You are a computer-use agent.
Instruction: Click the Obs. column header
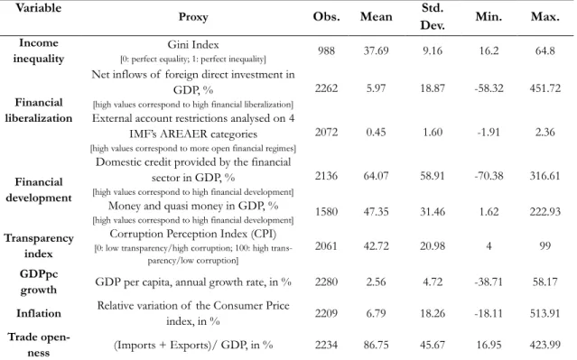pos(326,16)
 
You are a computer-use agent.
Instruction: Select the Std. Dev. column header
pos(433,16)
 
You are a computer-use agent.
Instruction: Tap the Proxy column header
pos(193,17)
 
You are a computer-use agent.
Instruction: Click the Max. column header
pos(545,16)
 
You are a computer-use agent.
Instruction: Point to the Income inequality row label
pos(39,51)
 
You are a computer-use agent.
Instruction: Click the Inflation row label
pos(39,313)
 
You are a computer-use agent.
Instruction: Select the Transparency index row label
pos(39,245)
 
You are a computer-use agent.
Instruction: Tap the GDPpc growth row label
pos(39,282)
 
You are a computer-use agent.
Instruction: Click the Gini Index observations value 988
pos(326,51)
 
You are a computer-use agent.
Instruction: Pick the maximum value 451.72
pos(545,88)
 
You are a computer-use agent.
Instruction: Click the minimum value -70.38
pos(489,176)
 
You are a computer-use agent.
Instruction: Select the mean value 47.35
pos(376,212)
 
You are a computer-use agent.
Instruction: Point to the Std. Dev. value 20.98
pos(433,245)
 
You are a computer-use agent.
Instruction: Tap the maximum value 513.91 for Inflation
pos(545,313)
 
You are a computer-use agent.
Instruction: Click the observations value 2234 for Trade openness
pos(326,345)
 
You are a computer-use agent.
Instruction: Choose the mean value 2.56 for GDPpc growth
pos(376,282)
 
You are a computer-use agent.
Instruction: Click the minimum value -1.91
pos(489,132)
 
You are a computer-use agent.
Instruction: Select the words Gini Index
pos(193,45)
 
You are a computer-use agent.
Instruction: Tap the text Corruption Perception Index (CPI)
pos(193,234)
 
